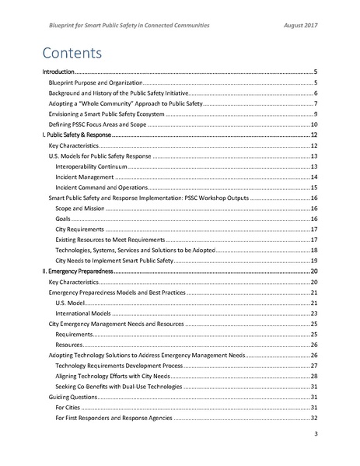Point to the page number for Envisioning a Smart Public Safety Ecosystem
tap(314, 114)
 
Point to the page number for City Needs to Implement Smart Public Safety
tap(313, 261)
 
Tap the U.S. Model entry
tap(70, 303)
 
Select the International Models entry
tap(82, 314)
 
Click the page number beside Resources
tap(313, 345)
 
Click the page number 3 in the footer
tap(315, 433)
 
